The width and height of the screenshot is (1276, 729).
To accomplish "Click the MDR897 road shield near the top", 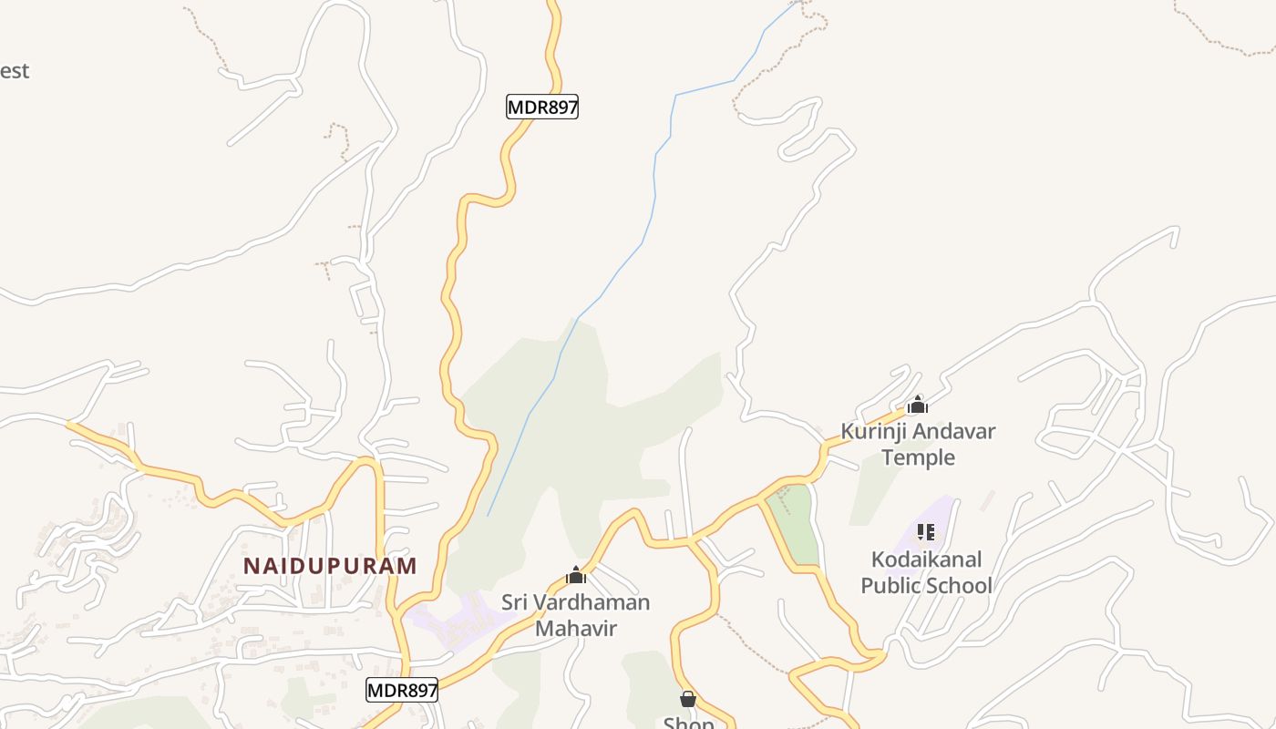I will (542, 108).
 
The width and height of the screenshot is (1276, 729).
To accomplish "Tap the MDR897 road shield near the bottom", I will (402, 691).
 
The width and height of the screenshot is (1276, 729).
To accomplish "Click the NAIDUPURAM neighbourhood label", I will (330, 566).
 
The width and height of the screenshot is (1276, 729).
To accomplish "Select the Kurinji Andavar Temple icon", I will (917, 405).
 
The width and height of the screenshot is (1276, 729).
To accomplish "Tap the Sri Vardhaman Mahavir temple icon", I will (575, 575).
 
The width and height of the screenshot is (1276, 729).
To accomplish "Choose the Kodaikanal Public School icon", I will (926, 531).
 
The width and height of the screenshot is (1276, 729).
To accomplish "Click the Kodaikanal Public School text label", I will (926, 572).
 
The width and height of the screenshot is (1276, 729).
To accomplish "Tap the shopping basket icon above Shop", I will (688, 699).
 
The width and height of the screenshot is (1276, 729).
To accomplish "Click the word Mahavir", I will (575, 628).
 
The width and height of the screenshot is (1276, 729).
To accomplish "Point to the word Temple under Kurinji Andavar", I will (918, 457).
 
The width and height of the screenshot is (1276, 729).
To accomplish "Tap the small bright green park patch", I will (792, 524).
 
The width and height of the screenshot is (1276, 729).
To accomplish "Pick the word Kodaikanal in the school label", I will (926, 559).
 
